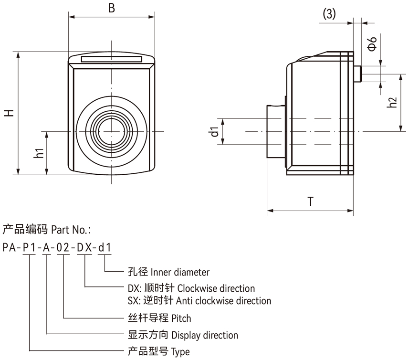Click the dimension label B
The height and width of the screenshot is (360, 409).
click(x=112, y=8)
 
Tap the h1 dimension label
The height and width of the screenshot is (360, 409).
click(x=40, y=153)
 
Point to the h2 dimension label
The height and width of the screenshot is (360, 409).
click(x=392, y=102)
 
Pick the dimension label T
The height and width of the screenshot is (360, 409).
click(x=310, y=202)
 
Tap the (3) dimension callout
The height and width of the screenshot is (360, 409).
click(x=329, y=14)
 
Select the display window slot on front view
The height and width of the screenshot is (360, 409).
click(x=111, y=59)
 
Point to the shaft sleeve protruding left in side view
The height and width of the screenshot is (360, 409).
click(x=274, y=131)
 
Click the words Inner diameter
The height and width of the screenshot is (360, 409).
click(x=180, y=273)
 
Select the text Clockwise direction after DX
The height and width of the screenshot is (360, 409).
click(x=216, y=288)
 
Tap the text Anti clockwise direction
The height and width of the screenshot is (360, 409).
click(x=223, y=301)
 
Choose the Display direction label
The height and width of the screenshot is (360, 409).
click(x=204, y=335)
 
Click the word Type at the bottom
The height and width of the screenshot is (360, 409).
click(x=180, y=352)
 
